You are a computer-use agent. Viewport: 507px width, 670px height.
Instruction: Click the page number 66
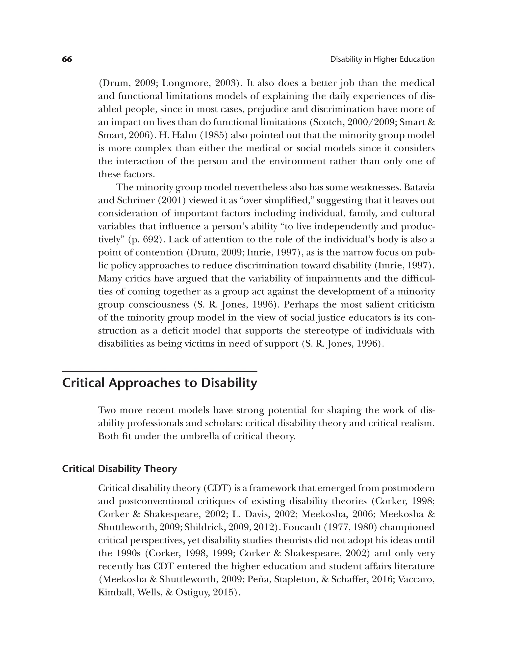coord(67,59)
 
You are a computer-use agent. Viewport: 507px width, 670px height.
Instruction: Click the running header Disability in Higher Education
coord(382,59)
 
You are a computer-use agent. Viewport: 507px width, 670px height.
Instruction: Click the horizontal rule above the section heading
coord(159,371)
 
